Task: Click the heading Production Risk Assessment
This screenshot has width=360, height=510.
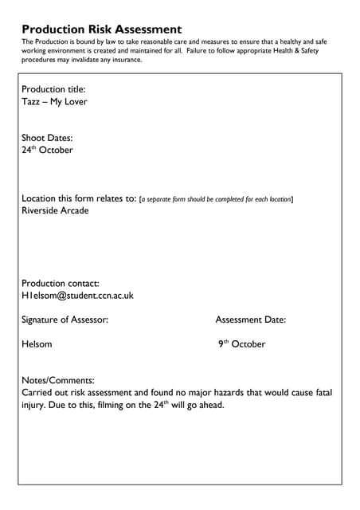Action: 102,29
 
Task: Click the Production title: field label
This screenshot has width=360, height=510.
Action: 53,89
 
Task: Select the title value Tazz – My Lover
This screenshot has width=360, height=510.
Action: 54,102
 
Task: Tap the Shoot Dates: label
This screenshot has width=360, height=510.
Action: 47,137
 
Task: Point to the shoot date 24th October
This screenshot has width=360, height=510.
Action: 47,150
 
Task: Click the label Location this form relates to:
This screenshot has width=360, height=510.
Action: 79,198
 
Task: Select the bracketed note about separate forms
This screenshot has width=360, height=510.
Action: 217,199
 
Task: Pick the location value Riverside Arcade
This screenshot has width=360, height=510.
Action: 55,211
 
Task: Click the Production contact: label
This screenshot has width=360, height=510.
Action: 61,283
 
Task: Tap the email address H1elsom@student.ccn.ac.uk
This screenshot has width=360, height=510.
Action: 77,296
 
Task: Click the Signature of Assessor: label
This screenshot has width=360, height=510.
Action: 65,320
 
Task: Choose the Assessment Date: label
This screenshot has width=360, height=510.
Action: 251,320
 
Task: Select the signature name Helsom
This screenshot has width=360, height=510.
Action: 37,344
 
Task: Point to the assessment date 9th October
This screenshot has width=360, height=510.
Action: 242,344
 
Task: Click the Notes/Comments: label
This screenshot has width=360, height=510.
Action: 58,380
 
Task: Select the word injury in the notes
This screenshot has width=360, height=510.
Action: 34,405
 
